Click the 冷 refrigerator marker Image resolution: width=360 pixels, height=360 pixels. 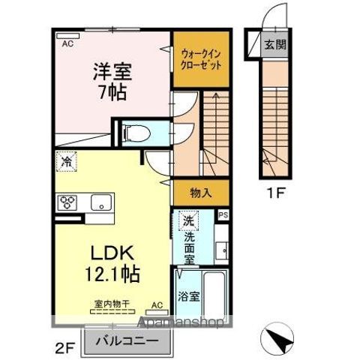pyautogui.click(x=67, y=160)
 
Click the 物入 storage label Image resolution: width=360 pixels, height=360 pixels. pyautogui.click(x=201, y=193)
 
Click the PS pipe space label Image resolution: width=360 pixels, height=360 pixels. pyautogui.click(x=222, y=214)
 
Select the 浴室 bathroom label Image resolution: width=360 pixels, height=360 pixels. pyautogui.click(x=189, y=296)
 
